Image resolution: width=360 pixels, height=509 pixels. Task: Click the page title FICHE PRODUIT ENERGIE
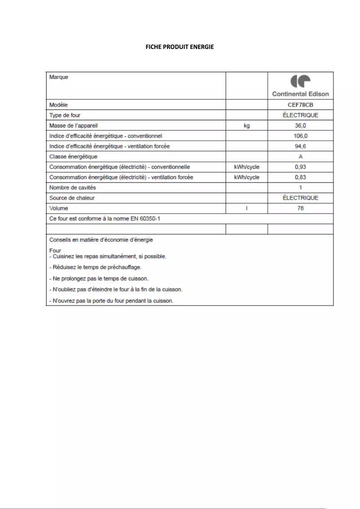[180, 47]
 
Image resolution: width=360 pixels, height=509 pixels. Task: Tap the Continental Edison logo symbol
[300, 81]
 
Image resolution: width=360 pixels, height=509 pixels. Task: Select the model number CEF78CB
[300, 105]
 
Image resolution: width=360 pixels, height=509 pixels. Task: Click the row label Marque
[59, 77]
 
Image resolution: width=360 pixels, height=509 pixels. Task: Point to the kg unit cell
[246, 126]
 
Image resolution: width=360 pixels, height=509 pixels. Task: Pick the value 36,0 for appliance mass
[300, 126]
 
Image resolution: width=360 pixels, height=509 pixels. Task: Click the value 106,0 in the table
[300, 136]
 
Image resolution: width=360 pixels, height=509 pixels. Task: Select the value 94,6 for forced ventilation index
[300, 146]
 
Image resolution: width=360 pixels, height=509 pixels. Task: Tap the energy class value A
[300, 157]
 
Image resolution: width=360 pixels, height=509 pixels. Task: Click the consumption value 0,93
[300, 167]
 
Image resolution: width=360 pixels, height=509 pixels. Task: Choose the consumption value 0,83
[300, 177]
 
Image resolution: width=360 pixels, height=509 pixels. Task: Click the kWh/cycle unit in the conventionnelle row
[246, 167]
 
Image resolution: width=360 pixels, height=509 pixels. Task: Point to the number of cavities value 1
[300, 188]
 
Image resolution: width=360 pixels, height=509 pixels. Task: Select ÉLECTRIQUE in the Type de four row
[300, 115]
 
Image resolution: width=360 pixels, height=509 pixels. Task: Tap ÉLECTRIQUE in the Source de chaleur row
[300, 198]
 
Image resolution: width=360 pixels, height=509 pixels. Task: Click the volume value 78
[300, 208]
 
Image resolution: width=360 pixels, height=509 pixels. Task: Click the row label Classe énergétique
[73, 157]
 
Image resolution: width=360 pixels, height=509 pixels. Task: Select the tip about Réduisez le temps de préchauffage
[95, 267]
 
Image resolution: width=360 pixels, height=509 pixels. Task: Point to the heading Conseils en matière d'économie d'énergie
[101, 240]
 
